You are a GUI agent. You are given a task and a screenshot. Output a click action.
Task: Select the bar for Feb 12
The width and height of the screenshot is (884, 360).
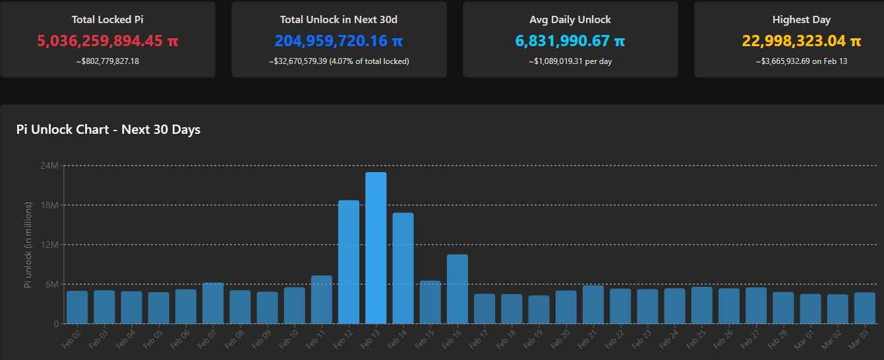(349, 262)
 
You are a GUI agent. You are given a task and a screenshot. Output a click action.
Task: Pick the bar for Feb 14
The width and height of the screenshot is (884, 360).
(403, 268)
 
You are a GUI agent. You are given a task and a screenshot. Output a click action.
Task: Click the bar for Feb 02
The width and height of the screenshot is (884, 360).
(77, 307)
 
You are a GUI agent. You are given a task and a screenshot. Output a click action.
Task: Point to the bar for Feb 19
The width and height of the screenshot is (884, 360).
(539, 309)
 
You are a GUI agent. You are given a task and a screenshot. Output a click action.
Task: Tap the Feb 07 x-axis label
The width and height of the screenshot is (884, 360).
(207, 338)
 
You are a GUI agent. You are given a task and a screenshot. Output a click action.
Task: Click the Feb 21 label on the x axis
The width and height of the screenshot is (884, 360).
(587, 338)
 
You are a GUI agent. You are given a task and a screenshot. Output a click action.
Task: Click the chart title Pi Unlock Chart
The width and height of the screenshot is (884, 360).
(108, 129)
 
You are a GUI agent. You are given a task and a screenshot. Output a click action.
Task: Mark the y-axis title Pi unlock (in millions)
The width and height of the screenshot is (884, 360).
(28, 245)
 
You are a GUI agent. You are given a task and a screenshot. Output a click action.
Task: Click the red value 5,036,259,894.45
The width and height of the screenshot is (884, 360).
(107, 41)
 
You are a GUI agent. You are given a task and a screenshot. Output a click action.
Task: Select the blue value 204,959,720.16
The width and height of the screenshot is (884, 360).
(339, 41)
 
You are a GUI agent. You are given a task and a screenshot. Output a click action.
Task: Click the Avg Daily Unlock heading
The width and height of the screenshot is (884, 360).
(570, 20)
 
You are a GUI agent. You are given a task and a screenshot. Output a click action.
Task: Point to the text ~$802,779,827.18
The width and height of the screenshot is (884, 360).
(107, 61)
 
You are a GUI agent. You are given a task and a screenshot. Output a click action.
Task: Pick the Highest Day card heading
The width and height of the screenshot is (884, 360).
(801, 20)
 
